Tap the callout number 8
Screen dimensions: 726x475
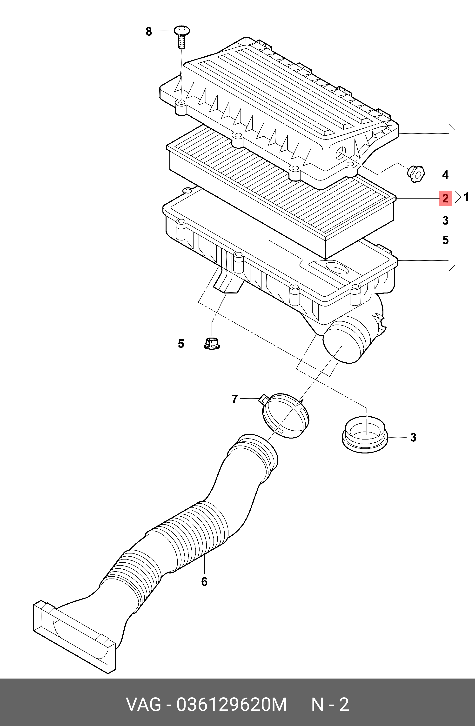pyautogui.click(x=148, y=31)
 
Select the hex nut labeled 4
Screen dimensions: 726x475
pyautogui.click(x=416, y=174)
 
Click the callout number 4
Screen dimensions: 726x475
pyautogui.click(x=445, y=175)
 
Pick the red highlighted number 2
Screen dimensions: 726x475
pyautogui.click(x=445, y=199)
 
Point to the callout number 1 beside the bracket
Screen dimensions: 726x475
pyautogui.click(x=466, y=197)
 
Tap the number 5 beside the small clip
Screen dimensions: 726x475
pyautogui.click(x=181, y=344)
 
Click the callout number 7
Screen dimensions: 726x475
pyautogui.click(x=234, y=399)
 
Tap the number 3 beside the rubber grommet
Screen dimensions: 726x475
pyautogui.click(x=413, y=437)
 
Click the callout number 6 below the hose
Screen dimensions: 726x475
pyautogui.click(x=204, y=582)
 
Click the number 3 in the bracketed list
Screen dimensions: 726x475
pyautogui.click(x=445, y=220)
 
